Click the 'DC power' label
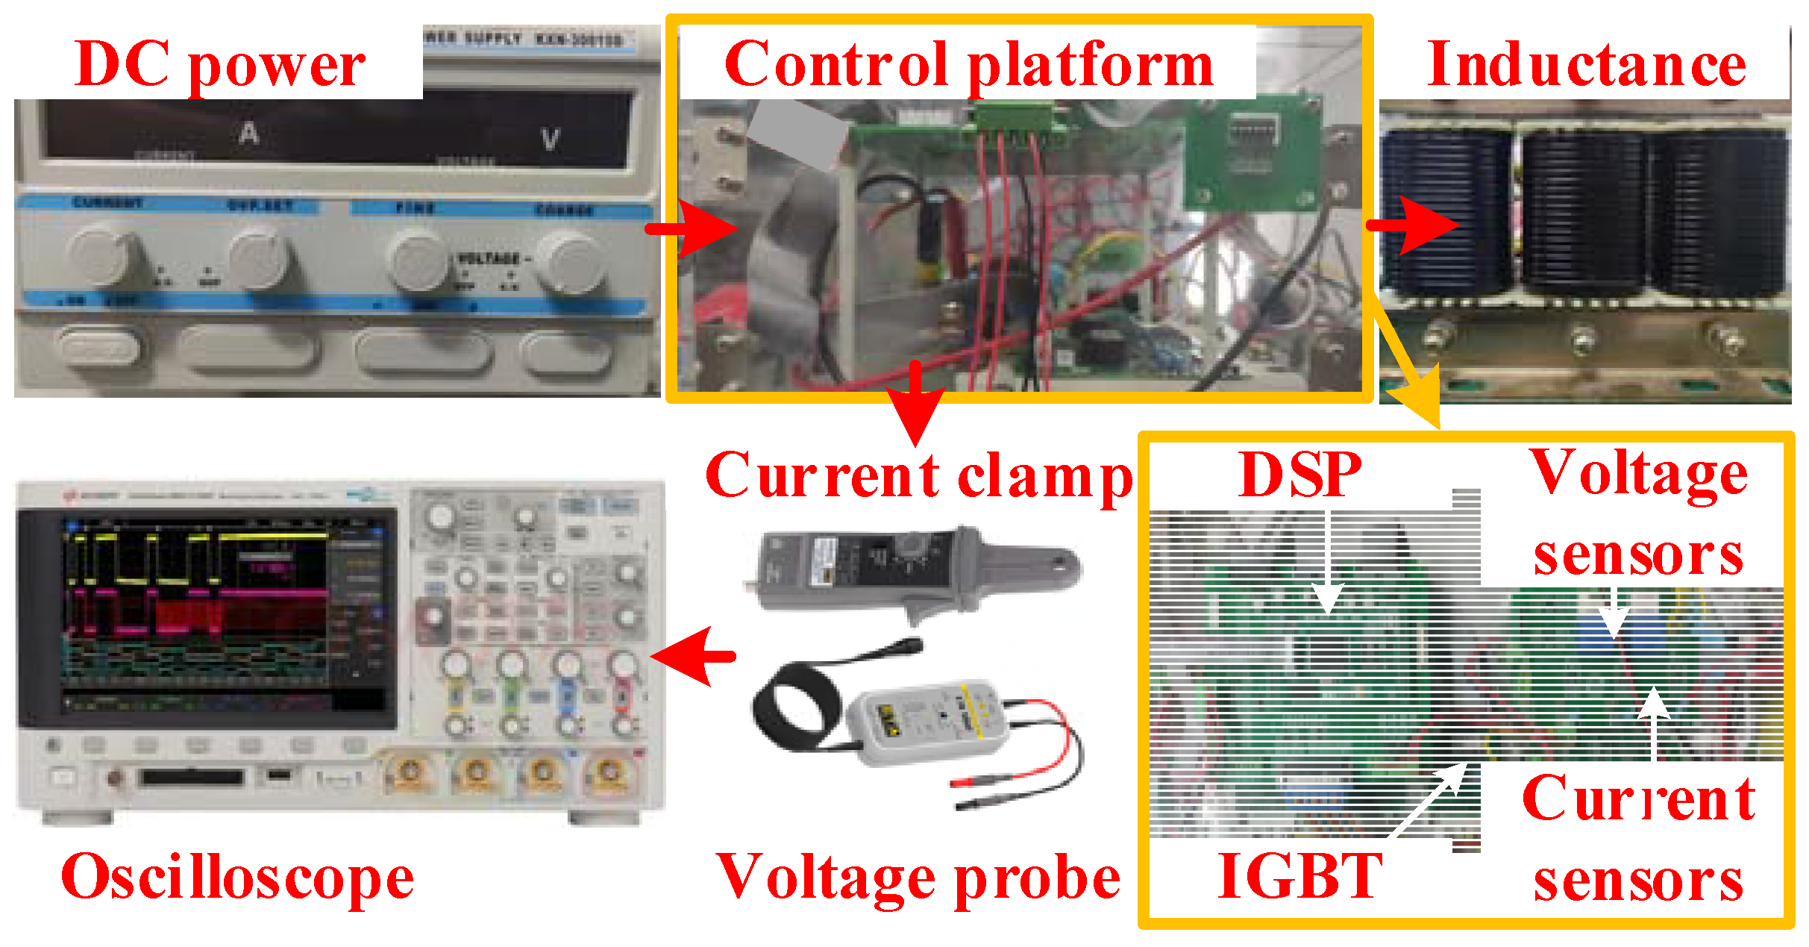[220, 66]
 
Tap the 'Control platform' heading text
[968, 66]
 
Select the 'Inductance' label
[1586, 66]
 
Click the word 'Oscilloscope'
[237, 878]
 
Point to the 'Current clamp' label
[919, 476]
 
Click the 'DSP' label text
[1299, 475]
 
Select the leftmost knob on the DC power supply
[104, 254]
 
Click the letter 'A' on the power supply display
[249, 134]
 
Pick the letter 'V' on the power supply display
[550, 140]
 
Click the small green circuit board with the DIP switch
[1253, 157]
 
